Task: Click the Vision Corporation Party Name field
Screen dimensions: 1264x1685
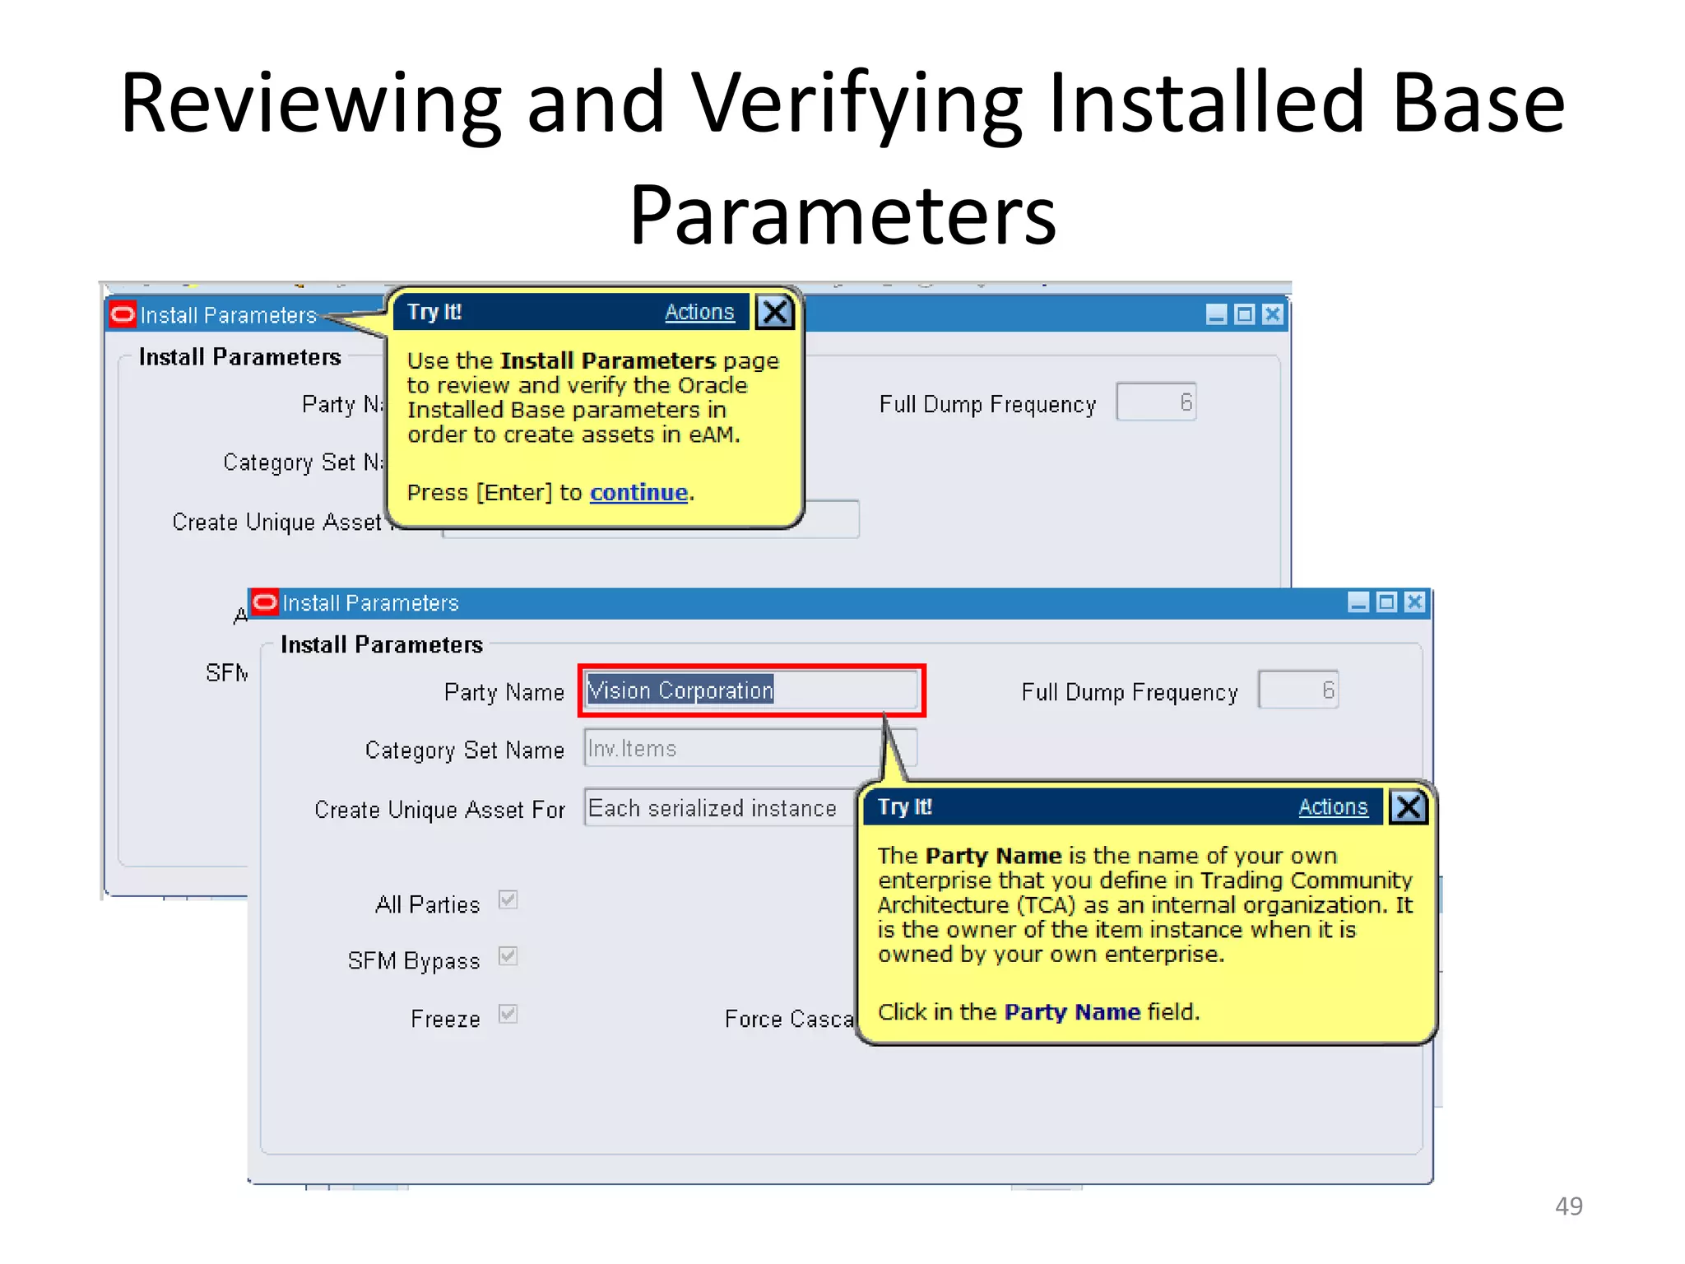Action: [x=750, y=690]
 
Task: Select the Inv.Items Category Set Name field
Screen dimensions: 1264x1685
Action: [x=732, y=749]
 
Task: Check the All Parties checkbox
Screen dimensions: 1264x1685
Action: [x=508, y=900]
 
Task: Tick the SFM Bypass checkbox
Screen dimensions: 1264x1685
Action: [x=508, y=957]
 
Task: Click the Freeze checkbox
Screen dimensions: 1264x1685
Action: [x=508, y=1015]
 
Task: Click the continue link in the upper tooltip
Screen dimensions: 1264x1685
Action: [x=638, y=493]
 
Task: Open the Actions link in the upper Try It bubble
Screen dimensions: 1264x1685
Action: [x=699, y=313]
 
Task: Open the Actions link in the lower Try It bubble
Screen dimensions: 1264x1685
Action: [x=1332, y=807]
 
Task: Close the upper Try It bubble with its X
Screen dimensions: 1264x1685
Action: [x=774, y=313]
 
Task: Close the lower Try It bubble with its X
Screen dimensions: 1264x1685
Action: [x=1408, y=807]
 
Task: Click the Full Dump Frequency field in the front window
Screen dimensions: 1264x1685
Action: [x=1297, y=690]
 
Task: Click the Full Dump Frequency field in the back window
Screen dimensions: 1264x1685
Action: [x=1155, y=402]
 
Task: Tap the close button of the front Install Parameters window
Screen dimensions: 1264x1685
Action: [x=1414, y=602]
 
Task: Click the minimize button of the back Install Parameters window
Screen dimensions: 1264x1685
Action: [x=1215, y=314]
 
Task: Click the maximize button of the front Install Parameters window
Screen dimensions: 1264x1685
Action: [x=1386, y=602]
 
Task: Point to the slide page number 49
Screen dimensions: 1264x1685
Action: [x=1568, y=1206]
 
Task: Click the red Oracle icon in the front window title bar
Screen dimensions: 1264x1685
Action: [x=265, y=602]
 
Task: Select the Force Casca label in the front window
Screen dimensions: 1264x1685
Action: [x=788, y=1019]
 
